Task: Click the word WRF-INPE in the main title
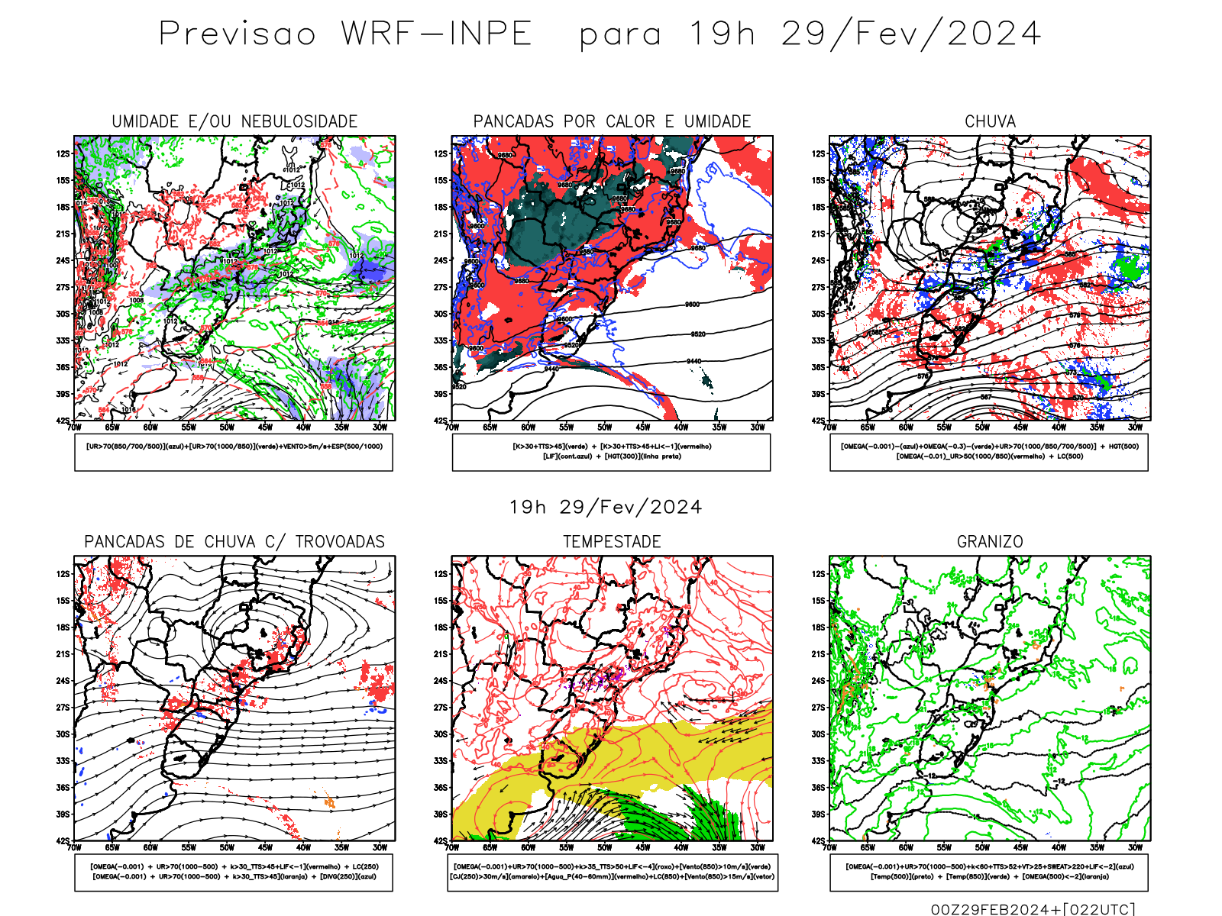click(x=436, y=34)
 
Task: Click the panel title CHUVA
click(x=990, y=121)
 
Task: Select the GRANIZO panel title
click(x=990, y=542)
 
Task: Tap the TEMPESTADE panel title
click(x=612, y=542)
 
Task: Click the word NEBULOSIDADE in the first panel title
click(x=299, y=121)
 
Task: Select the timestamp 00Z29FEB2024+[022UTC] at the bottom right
click(x=1033, y=909)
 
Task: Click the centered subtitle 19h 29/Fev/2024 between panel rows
click(x=606, y=507)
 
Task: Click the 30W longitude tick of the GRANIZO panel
click(x=1135, y=847)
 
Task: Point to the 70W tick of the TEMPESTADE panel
click(x=452, y=847)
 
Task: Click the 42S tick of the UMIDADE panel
click(x=63, y=421)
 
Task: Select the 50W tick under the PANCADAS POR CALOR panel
click(x=604, y=427)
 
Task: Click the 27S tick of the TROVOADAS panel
click(x=63, y=708)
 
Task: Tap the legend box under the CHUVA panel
click(x=989, y=452)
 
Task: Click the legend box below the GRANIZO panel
click(x=989, y=872)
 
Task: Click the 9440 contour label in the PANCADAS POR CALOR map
click(x=693, y=361)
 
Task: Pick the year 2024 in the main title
click(x=994, y=34)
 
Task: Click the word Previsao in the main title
click(x=237, y=34)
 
